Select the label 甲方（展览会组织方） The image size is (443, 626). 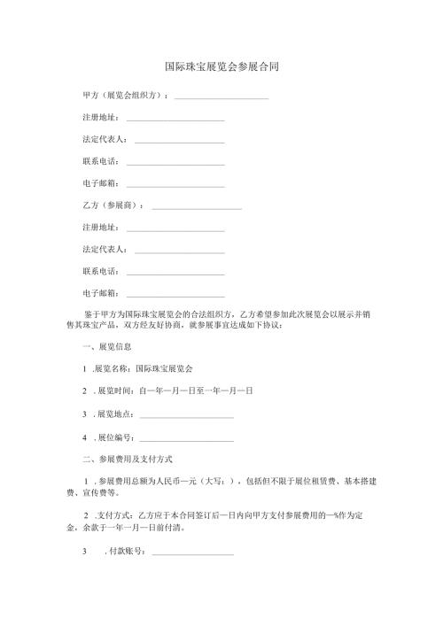(x=123, y=96)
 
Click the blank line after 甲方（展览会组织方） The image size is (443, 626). (x=221, y=97)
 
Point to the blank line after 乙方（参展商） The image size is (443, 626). (x=197, y=207)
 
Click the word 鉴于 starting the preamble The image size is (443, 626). (x=90, y=314)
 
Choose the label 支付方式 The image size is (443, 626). (x=112, y=515)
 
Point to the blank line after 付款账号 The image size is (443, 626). (x=193, y=553)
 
